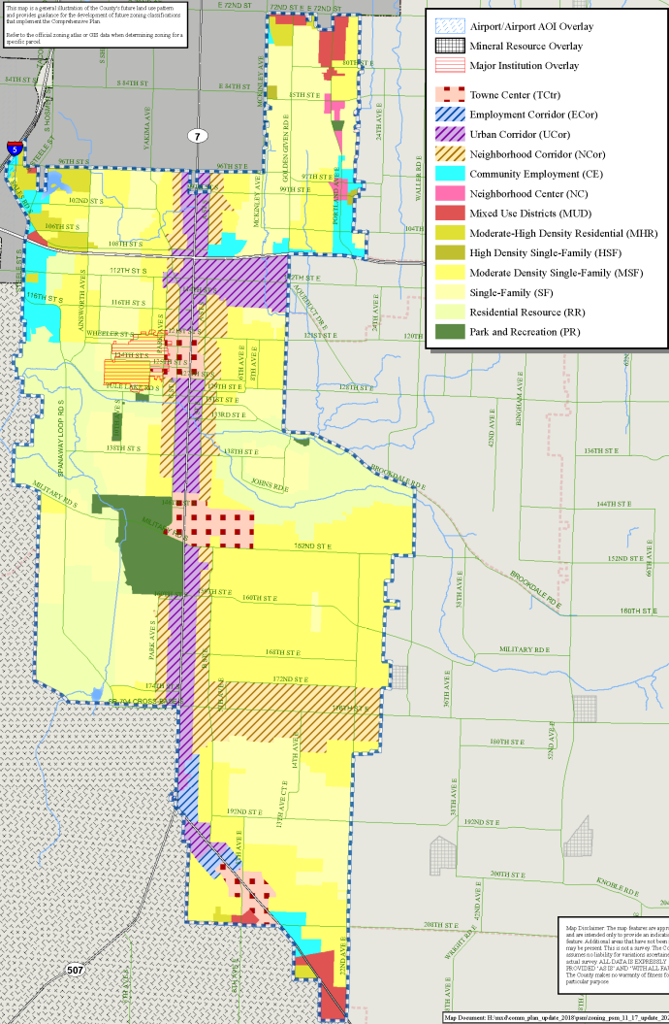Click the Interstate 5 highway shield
(x=15, y=149)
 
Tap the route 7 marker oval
(x=197, y=137)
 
